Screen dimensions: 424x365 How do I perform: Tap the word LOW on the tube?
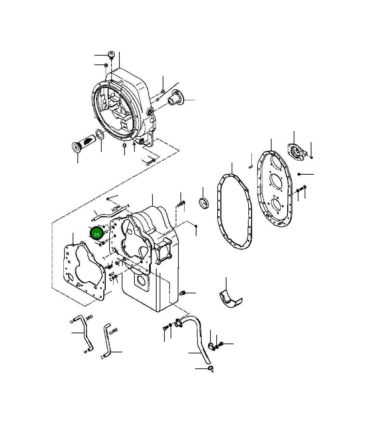(116, 208)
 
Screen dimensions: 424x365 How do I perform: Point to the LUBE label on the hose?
(113, 331)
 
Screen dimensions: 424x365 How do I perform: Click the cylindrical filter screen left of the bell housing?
(84, 142)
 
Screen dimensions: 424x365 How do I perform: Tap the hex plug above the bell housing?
(111, 55)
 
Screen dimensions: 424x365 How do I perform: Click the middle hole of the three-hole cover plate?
(276, 181)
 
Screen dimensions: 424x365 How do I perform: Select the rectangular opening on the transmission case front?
(141, 282)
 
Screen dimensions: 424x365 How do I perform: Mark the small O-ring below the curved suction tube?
(210, 368)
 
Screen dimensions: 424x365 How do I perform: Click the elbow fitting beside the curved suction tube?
(211, 346)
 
